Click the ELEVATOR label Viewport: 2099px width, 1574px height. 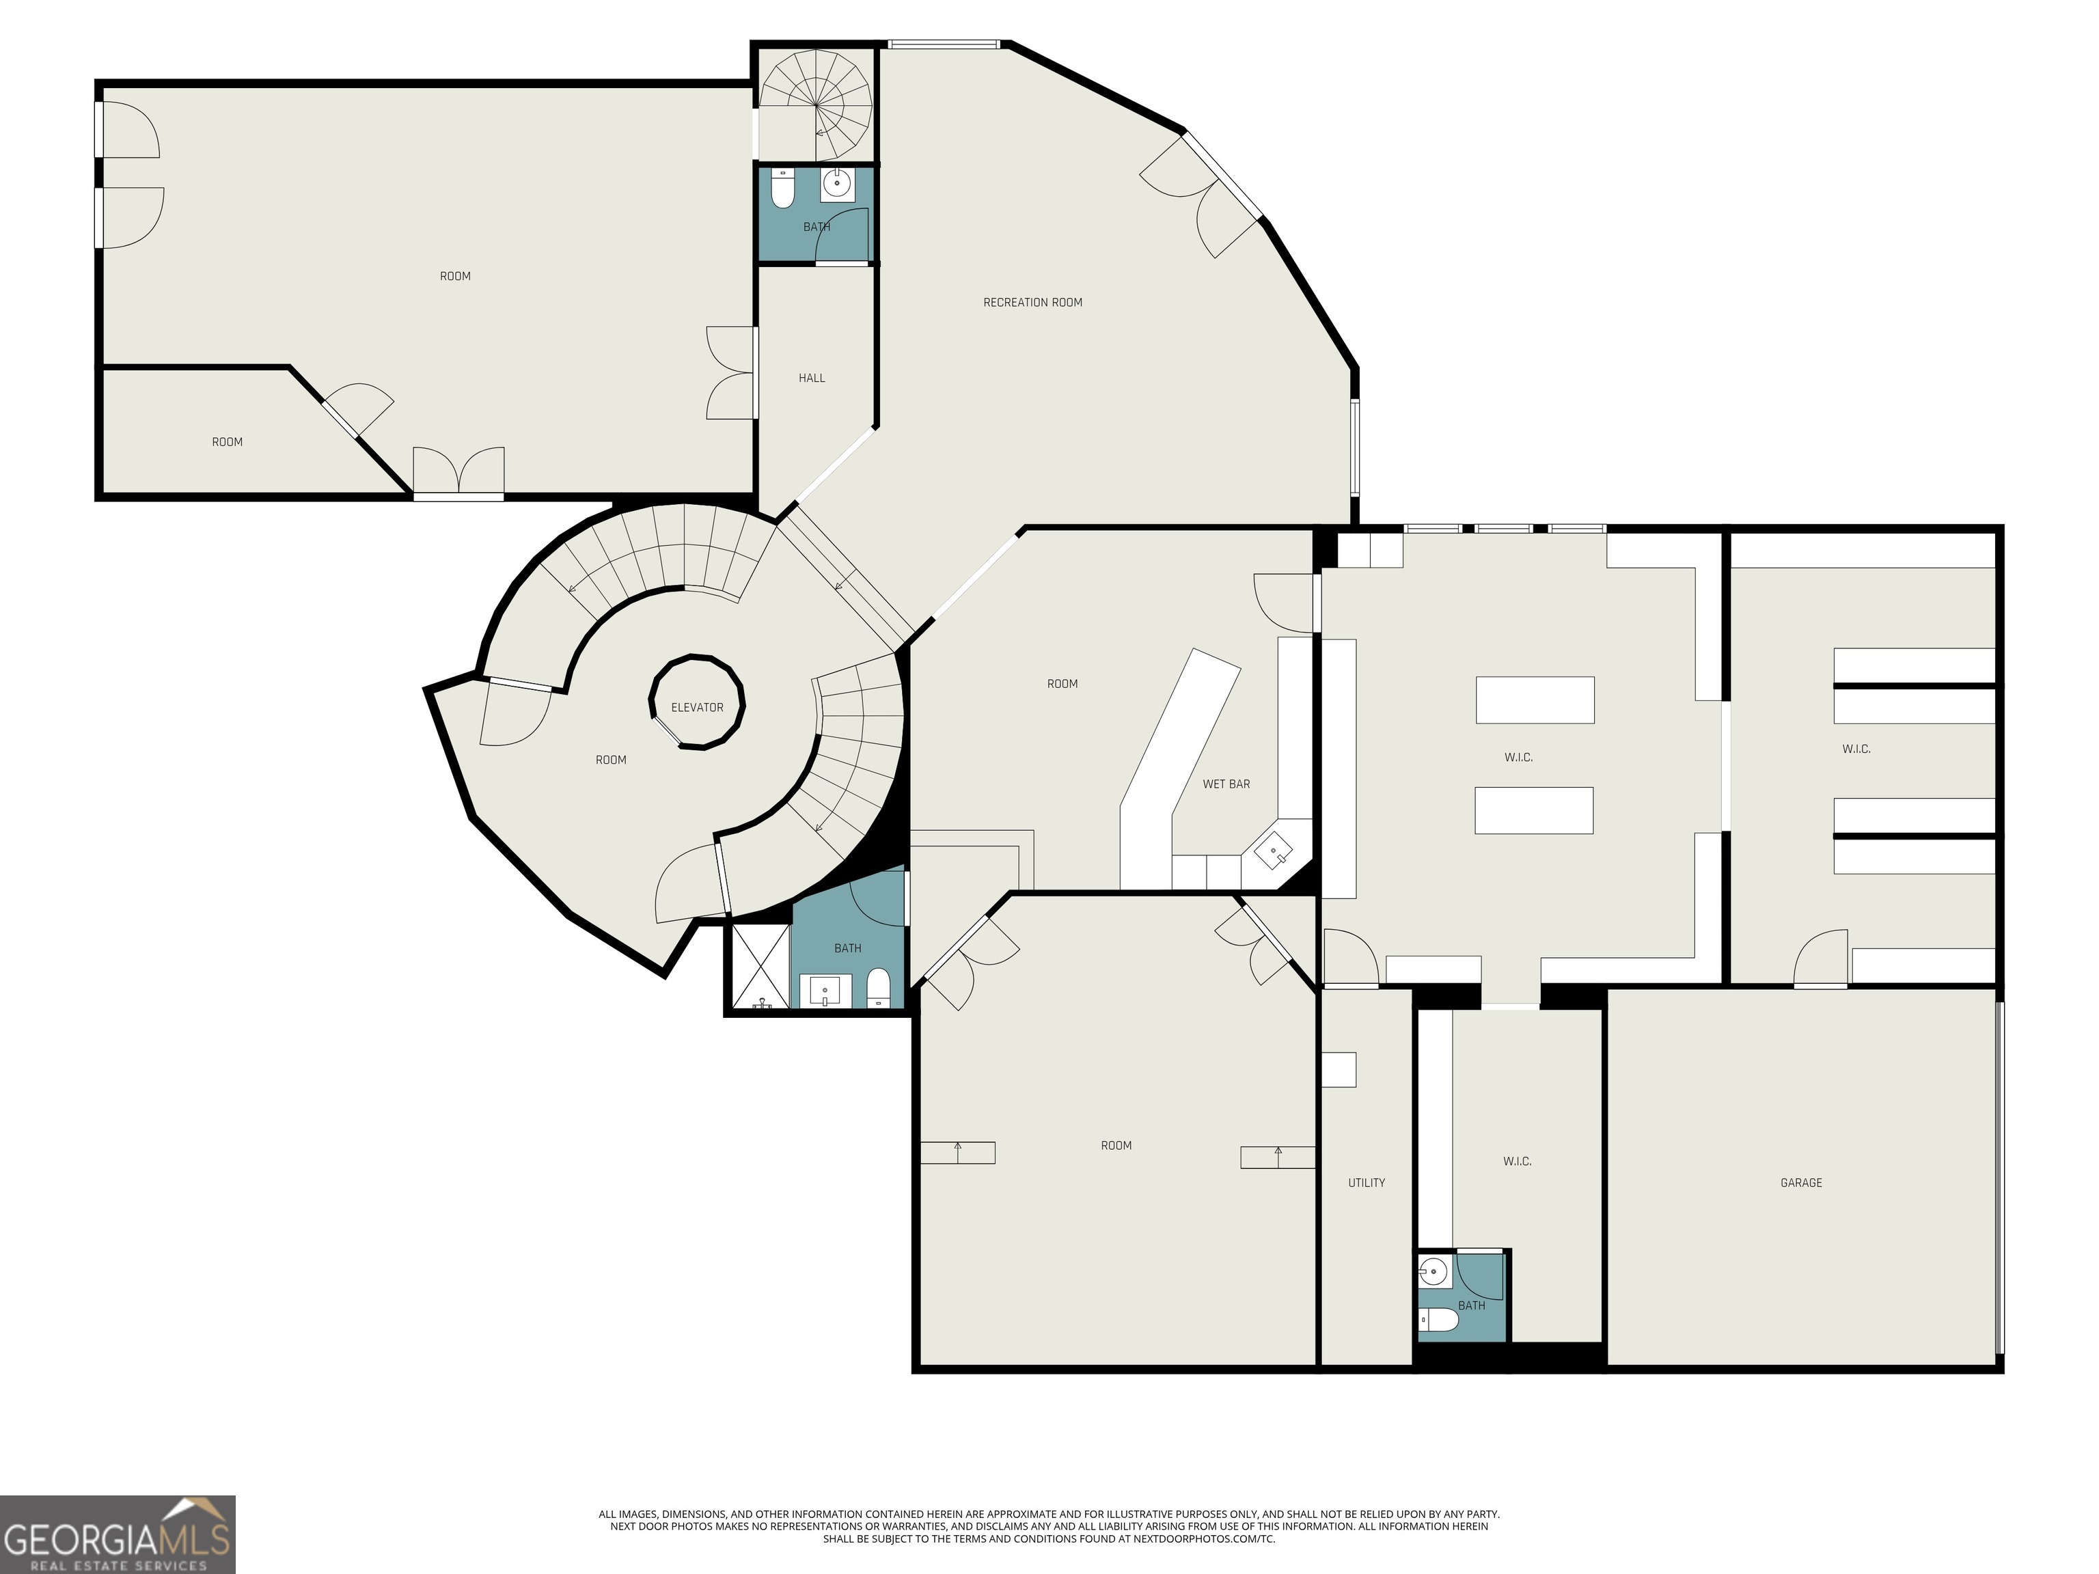(696, 708)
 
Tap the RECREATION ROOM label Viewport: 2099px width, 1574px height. (1032, 303)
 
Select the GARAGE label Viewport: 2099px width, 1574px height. (1800, 1182)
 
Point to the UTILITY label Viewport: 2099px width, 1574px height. (1365, 1182)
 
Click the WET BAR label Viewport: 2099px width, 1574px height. (1225, 784)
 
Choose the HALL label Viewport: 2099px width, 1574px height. (811, 378)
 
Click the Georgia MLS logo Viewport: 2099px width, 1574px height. (117, 1534)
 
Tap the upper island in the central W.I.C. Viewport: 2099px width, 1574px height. (1535, 700)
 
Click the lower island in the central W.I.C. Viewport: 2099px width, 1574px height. (1533, 811)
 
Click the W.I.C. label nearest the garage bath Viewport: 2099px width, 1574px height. (1516, 1161)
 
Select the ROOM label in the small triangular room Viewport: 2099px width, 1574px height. (227, 442)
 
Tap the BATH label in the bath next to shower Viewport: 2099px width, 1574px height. (847, 948)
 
